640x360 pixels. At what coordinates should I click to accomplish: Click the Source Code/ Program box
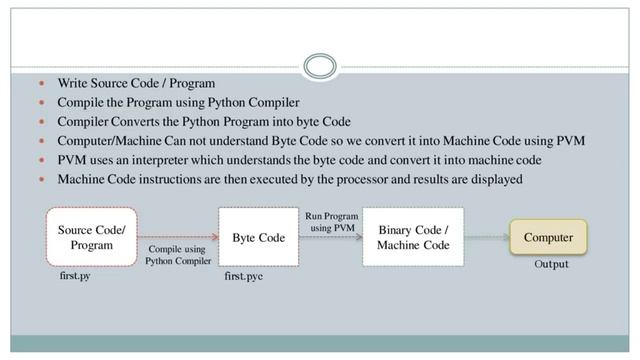[x=91, y=237]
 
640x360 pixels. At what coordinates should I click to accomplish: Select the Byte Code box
[x=258, y=237]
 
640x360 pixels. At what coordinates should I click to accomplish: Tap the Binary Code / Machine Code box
[x=413, y=237]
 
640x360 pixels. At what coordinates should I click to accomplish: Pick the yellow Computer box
[x=548, y=237]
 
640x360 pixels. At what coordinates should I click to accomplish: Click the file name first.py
[x=75, y=276]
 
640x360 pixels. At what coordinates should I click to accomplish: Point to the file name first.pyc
[x=243, y=276]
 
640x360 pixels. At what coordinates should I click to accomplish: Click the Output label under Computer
[x=551, y=264]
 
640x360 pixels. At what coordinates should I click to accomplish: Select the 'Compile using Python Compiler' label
[x=178, y=255]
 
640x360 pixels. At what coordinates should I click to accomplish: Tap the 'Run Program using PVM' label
[x=332, y=222]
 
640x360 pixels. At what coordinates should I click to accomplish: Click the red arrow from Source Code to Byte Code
[x=178, y=237]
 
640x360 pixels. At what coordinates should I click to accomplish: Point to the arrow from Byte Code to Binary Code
[x=331, y=237]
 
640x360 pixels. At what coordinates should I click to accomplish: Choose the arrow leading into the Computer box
[x=487, y=237]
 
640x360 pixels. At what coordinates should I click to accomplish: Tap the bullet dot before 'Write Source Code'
[x=42, y=83]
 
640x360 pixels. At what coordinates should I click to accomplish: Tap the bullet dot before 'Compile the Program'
[x=42, y=102]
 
